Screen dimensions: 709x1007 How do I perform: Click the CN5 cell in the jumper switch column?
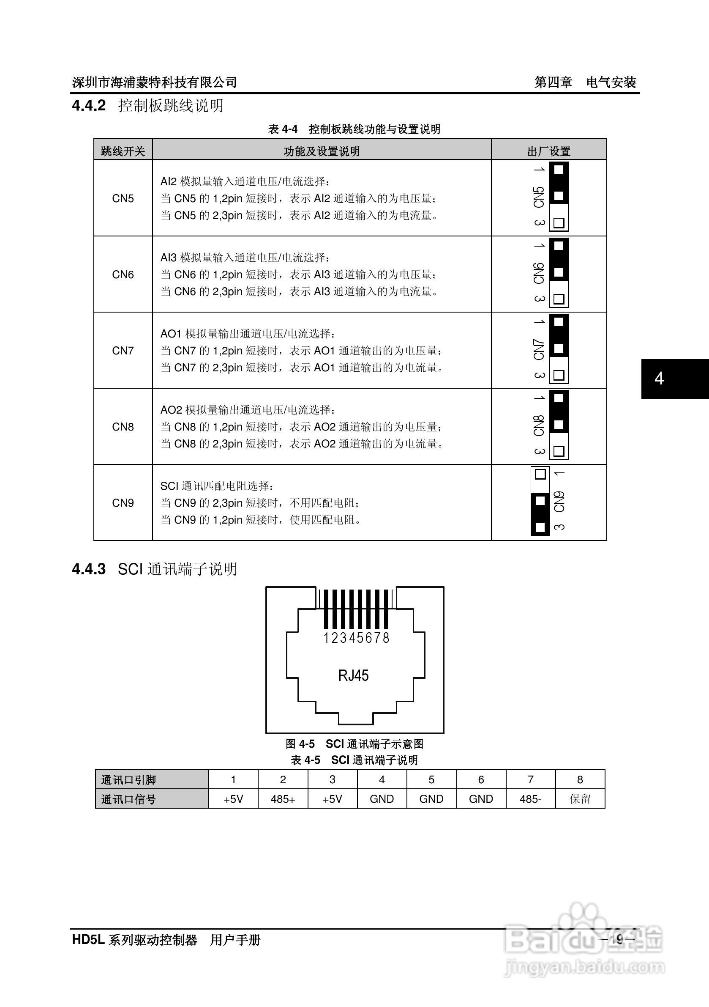123,198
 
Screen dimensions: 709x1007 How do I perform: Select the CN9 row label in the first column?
123,502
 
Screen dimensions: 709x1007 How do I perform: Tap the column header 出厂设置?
548,151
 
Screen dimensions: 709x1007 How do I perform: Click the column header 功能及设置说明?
322,151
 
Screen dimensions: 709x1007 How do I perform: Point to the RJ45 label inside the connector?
353,675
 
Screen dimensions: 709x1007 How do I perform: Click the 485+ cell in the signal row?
283,799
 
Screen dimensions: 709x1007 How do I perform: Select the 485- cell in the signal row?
530,799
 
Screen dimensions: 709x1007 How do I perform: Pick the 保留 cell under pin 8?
580,799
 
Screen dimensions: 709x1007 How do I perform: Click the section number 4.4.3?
89,569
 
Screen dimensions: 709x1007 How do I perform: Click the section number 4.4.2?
89,106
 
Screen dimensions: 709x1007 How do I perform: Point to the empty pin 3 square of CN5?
559,223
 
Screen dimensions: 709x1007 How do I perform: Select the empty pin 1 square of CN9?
540,474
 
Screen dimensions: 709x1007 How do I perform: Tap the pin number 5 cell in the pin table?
431,780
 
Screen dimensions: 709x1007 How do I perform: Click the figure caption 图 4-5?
300,744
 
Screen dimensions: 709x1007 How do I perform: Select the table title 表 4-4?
283,129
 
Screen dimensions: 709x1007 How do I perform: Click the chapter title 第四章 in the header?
553,82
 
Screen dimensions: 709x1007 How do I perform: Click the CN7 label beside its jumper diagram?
539,350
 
